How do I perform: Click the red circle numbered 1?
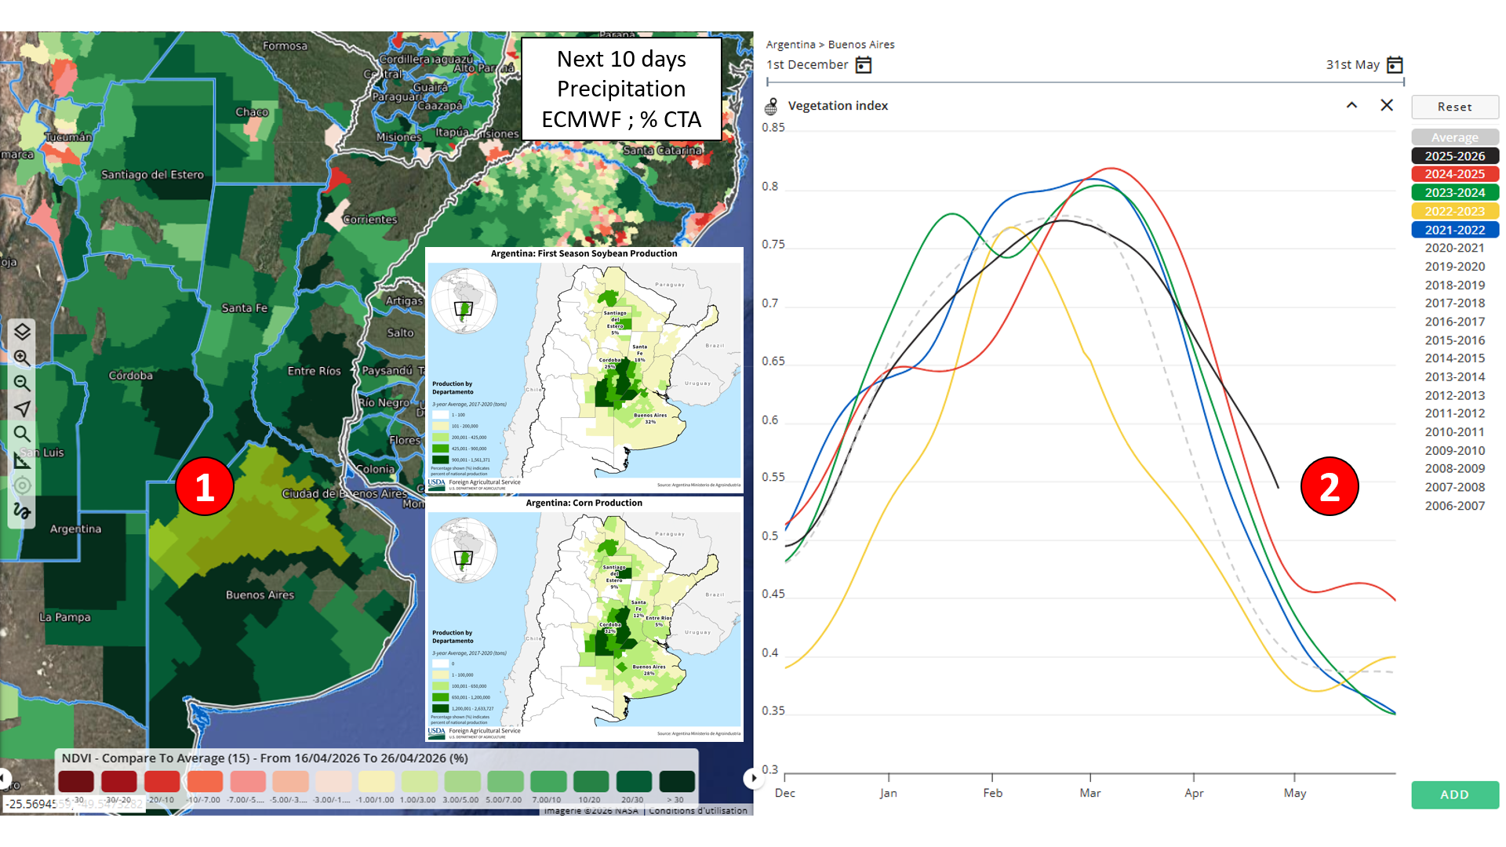click(205, 486)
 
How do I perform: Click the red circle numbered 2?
click(1330, 486)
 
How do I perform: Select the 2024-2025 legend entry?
click(1454, 174)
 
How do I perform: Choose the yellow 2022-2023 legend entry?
click(1454, 211)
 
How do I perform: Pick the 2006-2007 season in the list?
click(1454, 506)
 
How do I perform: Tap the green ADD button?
click(1454, 794)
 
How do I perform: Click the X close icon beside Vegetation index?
click(1387, 105)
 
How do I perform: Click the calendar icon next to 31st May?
click(1395, 65)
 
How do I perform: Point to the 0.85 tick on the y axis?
click(773, 128)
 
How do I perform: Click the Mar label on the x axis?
click(1089, 793)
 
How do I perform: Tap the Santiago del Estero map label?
click(152, 175)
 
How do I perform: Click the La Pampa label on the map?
click(65, 617)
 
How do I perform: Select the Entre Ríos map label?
click(314, 371)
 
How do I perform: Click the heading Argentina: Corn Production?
click(584, 503)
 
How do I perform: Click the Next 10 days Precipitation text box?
click(621, 89)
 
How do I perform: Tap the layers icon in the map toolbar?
click(22, 332)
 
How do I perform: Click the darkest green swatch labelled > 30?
click(676, 781)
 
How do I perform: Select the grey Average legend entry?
click(1454, 137)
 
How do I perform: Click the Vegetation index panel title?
click(838, 106)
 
